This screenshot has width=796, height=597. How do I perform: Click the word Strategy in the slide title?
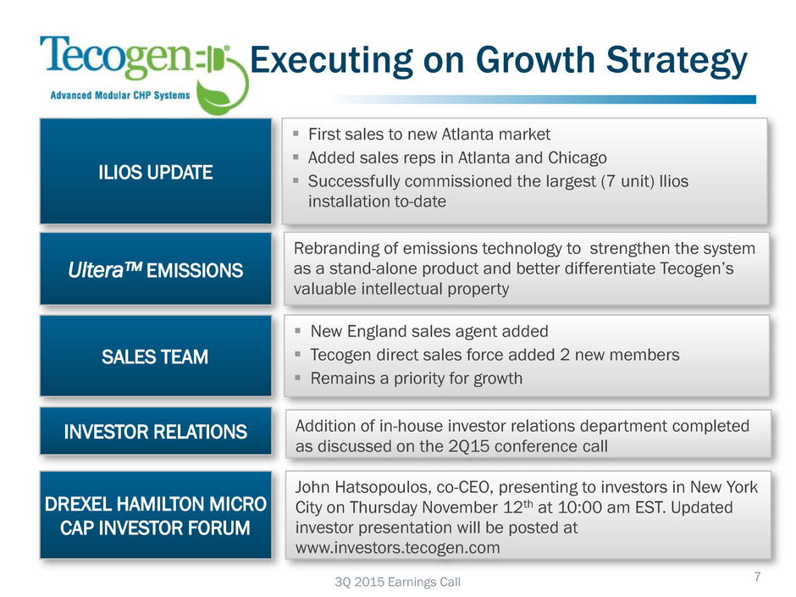(x=677, y=62)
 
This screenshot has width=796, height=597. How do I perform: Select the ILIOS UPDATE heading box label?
(x=155, y=173)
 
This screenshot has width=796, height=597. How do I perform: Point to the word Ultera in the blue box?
(x=96, y=270)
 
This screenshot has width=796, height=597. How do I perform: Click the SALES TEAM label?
(x=155, y=357)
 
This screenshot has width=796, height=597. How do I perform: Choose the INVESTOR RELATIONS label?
(x=155, y=432)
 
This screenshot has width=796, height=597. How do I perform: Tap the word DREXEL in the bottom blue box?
(x=78, y=504)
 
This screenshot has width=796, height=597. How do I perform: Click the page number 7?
(x=757, y=577)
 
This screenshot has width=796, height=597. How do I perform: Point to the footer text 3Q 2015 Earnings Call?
(x=397, y=582)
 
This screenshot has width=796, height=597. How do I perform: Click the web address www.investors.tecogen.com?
(x=397, y=548)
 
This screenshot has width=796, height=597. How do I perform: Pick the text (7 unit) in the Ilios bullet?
(x=627, y=181)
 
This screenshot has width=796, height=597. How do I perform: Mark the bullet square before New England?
(x=298, y=331)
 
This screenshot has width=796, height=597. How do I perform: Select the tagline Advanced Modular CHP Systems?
(x=119, y=96)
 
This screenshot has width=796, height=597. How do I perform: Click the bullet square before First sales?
(x=296, y=134)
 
